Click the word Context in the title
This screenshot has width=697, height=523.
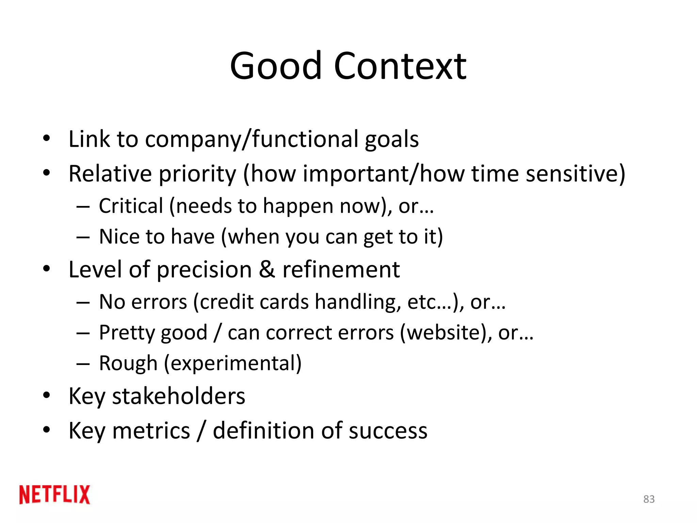[400, 66]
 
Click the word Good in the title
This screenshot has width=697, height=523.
[276, 66]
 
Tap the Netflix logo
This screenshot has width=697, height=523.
[55, 495]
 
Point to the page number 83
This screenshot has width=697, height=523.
[649, 499]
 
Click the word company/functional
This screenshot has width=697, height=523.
[251, 140]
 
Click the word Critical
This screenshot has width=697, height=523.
[131, 206]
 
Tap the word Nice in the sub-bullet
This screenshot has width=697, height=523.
[119, 237]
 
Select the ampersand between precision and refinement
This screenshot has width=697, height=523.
[267, 269]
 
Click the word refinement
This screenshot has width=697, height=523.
[341, 269]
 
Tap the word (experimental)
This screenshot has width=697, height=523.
[233, 364]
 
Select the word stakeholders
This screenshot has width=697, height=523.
[179, 396]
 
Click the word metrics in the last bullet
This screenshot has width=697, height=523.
[151, 431]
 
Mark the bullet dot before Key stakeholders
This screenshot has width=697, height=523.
[46, 395]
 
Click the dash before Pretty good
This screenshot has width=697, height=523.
[83, 333]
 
